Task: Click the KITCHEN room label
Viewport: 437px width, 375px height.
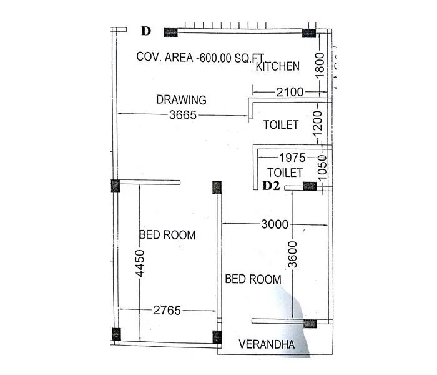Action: [x=278, y=66]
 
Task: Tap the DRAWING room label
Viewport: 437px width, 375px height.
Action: [x=181, y=99]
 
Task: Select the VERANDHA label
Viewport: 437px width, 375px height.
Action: [x=267, y=344]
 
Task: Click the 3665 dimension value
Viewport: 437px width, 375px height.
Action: [x=183, y=115]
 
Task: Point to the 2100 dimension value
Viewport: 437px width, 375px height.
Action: [x=289, y=92]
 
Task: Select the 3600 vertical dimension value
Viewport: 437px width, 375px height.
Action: [x=293, y=254]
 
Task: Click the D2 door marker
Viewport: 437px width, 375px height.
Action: [x=270, y=186]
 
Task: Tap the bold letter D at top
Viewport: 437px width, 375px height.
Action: [x=146, y=31]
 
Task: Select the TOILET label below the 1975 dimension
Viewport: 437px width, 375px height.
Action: [x=285, y=172]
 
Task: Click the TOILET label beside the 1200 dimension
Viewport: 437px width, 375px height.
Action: [x=280, y=125]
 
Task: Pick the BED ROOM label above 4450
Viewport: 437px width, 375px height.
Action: [x=167, y=236]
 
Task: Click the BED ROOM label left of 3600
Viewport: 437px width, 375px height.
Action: [x=253, y=279]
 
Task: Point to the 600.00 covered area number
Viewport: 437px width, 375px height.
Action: [x=214, y=57]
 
